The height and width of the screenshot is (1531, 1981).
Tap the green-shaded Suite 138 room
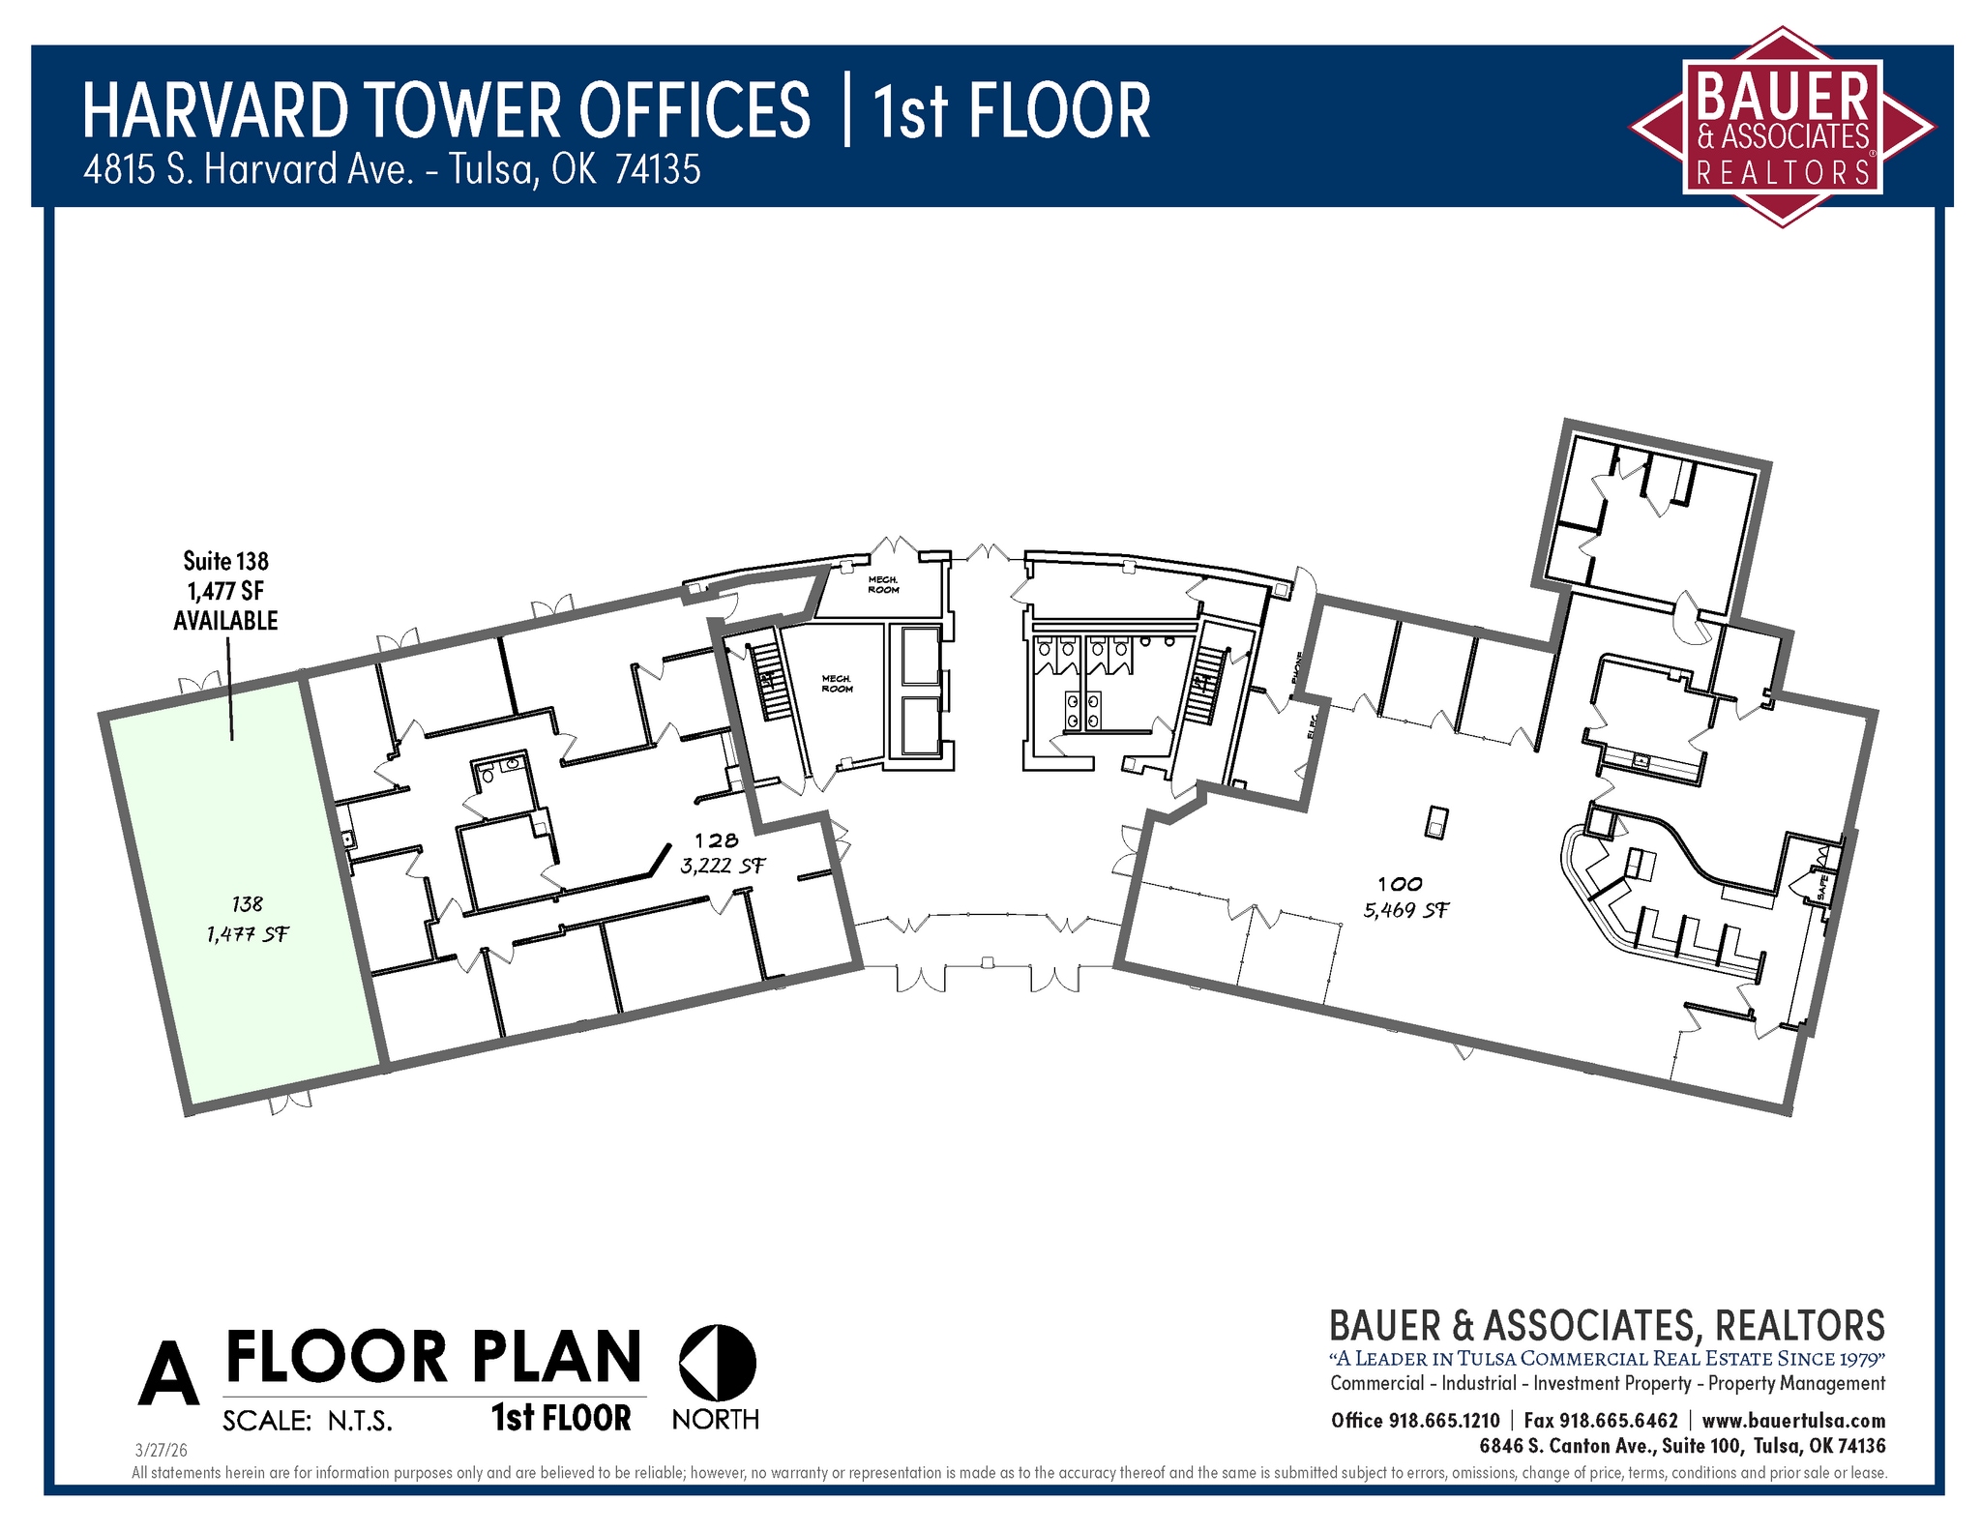(x=242, y=890)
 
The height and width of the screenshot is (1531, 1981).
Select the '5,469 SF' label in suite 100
(x=1405, y=910)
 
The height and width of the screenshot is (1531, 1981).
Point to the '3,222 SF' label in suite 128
(x=723, y=866)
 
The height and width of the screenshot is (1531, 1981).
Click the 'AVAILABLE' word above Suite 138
(x=225, y=621)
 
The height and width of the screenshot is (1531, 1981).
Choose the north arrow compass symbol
(x=717, y=1362)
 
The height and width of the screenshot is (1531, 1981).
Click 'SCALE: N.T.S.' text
(x=308, y=1420)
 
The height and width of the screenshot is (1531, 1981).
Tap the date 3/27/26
(x=161, y=1451)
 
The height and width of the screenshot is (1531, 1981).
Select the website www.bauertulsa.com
(x=1793, y=1420)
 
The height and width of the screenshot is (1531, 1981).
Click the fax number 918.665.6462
(x=1618, y=1420)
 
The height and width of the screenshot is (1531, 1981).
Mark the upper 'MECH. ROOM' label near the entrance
(x=883, y=584)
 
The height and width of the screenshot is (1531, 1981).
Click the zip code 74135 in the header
(x=658, y=170)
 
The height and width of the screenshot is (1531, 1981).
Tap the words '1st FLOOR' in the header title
(x=1011, y=111)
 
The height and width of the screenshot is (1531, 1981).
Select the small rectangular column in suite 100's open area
(x=1436, y=822)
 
